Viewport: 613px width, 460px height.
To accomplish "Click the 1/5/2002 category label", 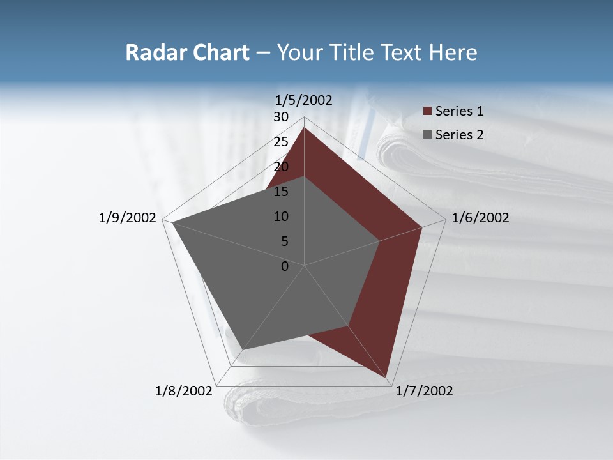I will (304, 100).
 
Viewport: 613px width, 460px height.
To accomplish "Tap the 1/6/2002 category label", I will (480, 218).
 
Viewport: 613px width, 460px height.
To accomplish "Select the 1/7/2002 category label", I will (424, 391).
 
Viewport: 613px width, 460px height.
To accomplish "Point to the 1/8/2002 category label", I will (184, 391).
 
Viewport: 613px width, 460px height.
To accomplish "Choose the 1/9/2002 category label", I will (128, 218).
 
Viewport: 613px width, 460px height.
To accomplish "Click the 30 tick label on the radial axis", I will (281, 117).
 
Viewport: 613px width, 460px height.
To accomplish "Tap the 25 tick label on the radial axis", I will (281, 142).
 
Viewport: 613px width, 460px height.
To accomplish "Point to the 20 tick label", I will (281, 167).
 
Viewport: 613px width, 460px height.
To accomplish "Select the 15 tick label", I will (281, 192).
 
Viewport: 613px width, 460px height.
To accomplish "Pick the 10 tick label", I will (281, 217).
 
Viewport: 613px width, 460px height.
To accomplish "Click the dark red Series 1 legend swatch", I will (427, 112).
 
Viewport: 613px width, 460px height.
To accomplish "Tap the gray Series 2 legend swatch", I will (427, 135).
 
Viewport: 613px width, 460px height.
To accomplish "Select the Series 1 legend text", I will (459, 111).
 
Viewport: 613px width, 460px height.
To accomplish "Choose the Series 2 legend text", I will (459, 135).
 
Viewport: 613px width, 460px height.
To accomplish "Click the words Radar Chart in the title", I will (187, 52).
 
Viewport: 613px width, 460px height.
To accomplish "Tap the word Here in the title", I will (453, 52).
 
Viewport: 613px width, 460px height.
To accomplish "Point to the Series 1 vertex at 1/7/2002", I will (386, 377).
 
